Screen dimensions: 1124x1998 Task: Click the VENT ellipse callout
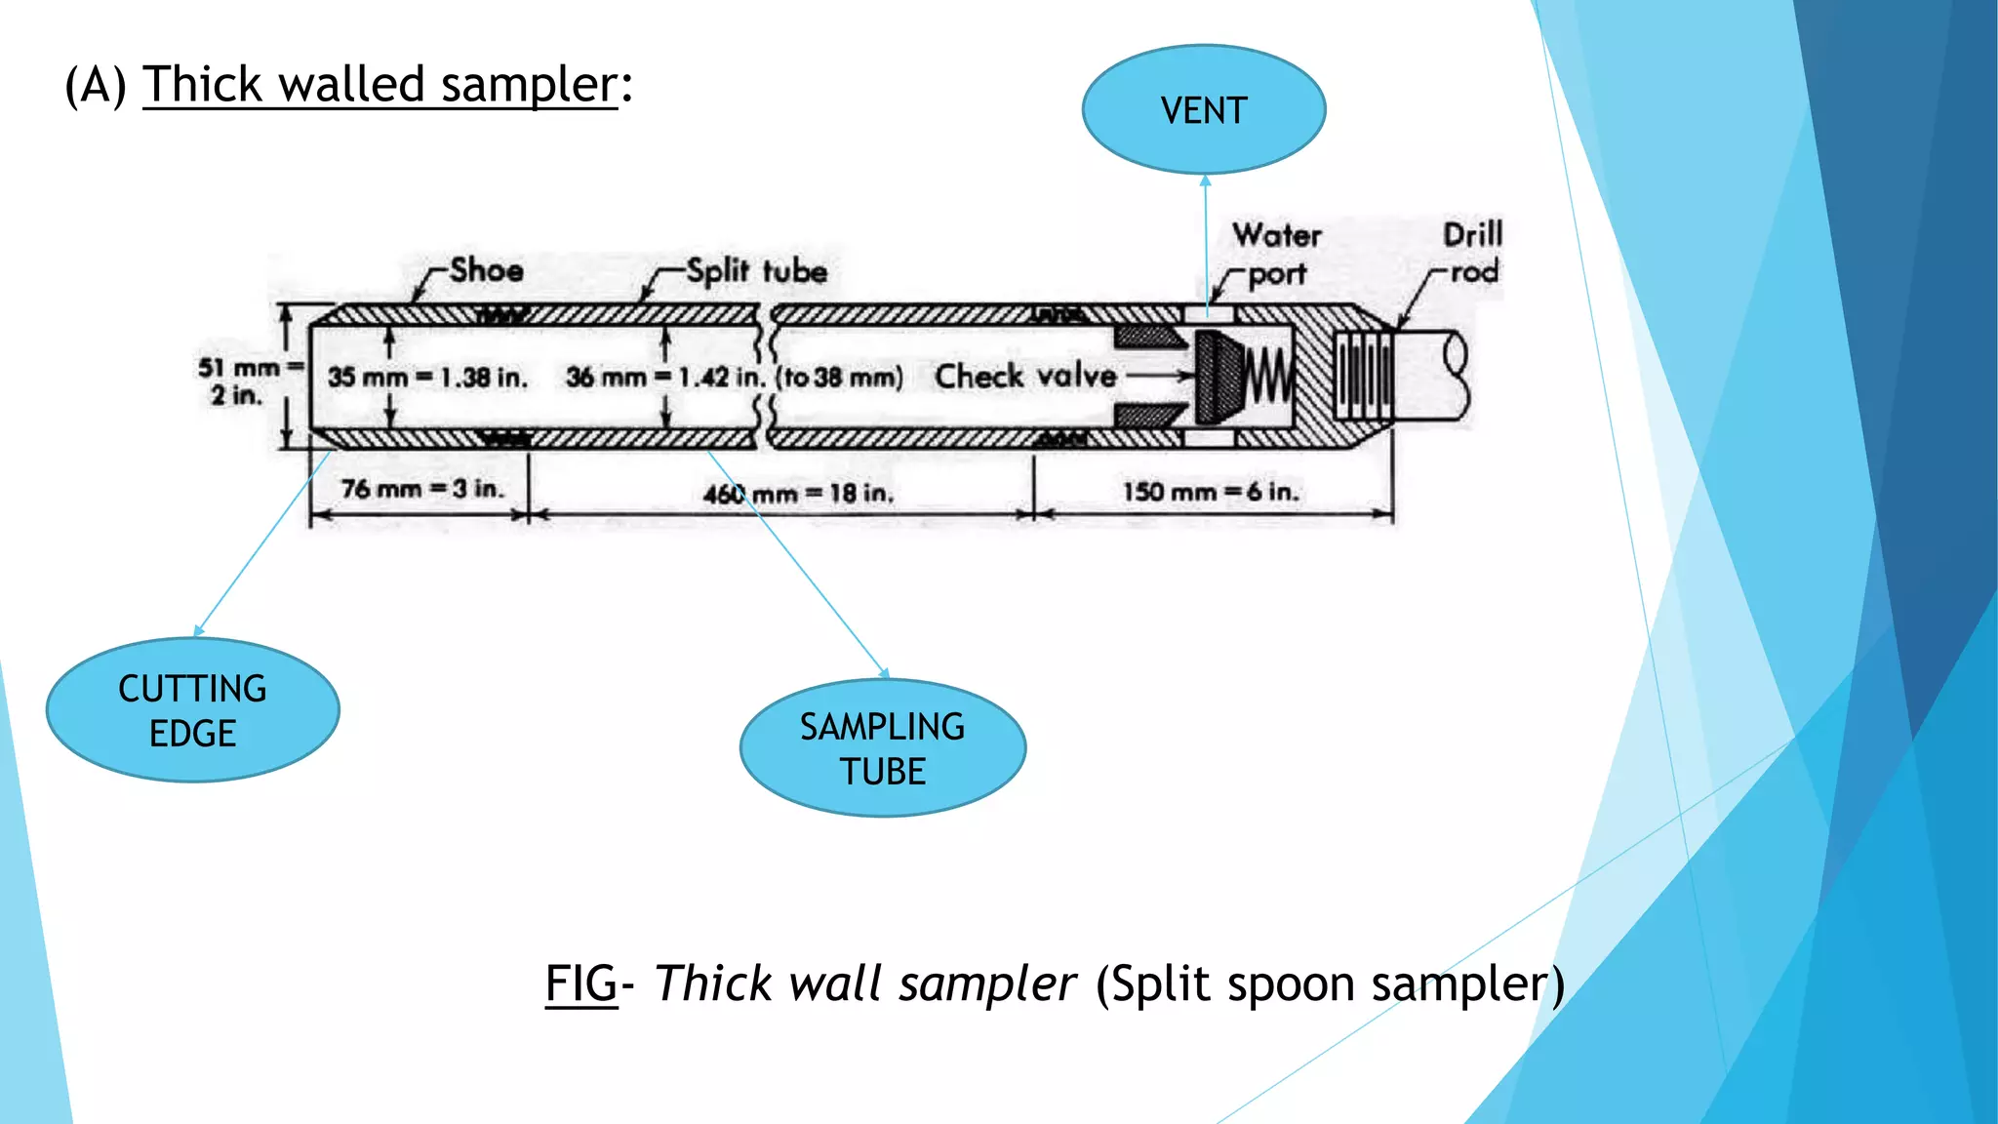pos(1204,109)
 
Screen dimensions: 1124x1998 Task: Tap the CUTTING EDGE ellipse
pos(192,710)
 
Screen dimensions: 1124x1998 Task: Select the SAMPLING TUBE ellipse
pos(882,748)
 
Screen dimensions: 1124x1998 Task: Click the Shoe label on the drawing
pos(486,269)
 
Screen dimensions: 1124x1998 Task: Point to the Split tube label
pos(756,270)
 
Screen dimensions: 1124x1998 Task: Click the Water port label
pos(1276,254)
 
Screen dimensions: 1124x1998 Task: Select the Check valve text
pos(1024,376)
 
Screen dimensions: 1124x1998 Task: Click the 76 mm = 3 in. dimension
pos(421,488)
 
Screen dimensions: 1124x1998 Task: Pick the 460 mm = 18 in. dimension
pos(798,493)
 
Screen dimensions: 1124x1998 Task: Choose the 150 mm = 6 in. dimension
pos(1210,491)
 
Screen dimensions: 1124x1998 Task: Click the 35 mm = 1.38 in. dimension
pos(427,377)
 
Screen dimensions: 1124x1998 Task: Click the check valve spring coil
pos(1267,376)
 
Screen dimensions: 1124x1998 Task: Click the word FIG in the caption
pos(580,983)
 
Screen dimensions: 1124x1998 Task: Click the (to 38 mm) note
pos(839,377)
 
